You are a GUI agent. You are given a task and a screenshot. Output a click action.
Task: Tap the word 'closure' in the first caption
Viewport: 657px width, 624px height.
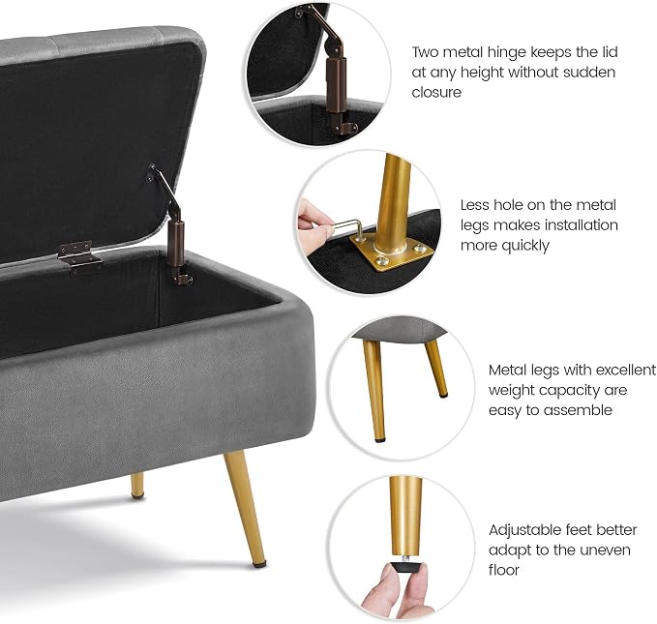pyautogui.click(x=436, y=92)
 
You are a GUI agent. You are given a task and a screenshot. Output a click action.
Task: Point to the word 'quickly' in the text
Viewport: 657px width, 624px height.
pyautogui.click(x=525, y=246)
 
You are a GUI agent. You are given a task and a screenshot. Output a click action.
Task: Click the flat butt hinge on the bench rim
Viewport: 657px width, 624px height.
pyautogui.click(x=79, y=257)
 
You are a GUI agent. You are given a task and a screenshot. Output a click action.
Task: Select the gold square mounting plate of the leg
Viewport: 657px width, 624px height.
pyautogui.click(x=391, y=253)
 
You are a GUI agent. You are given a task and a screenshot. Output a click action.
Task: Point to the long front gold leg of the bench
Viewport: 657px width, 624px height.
pyautogui.click(x=246, y=508)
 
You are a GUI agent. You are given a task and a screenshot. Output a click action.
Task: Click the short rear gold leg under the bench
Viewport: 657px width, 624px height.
pyautogui.click(x=137, y=486)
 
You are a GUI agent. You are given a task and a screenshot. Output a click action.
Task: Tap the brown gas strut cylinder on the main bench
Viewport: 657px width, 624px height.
pyautogui.click(x=176, y=245)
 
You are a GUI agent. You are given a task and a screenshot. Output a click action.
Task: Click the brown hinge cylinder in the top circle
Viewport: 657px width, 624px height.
pyautogui.click(x=336, y=85)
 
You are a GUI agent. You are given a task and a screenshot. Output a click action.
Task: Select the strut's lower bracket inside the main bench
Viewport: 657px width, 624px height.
pyautogui.click(x=182, y=277)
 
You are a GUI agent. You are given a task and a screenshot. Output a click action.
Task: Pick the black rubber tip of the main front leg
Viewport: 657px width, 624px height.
pyautogui.click(x=260, y=564)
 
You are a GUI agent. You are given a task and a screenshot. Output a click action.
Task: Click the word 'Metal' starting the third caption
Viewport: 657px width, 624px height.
pyautogui.click(x=508, y=370)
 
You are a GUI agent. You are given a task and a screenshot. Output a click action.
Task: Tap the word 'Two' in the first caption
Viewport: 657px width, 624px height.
pyautogui.click(x=425, y=52)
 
